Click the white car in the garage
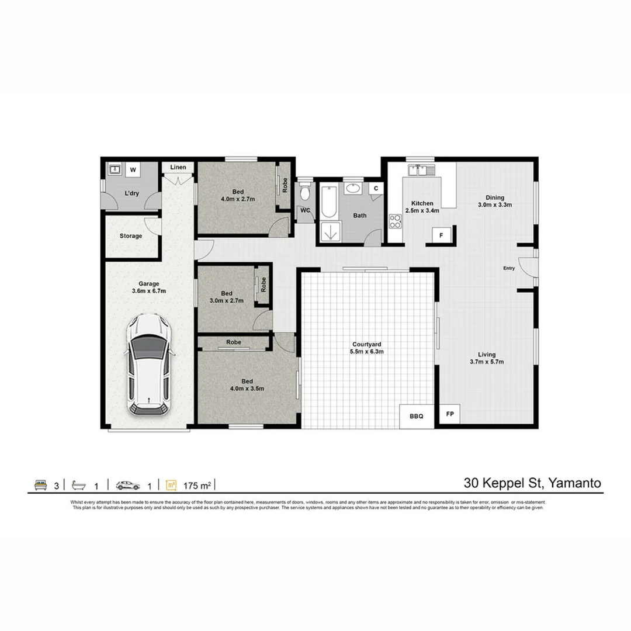coord(150,365)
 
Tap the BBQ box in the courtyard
coord(417,416)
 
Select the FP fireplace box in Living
coord(450,414)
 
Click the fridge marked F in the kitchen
coord(442,235)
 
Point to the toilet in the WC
coord(304,192)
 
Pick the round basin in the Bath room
coord(352,188)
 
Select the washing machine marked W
coord(133,170)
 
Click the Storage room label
coord(131,236)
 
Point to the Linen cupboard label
coord(178,168)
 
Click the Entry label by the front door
coord(509,268)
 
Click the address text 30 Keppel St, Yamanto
coord(532,483)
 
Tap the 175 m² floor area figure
coord(196,486)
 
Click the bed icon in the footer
coord(40,485)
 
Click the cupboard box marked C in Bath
coord(376,188)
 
